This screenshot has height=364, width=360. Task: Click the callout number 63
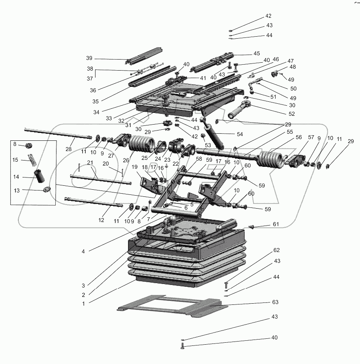[275, 302]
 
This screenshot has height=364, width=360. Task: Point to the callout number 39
[89, 58]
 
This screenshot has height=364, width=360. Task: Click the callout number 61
[275, 224]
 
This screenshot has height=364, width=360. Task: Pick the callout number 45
[257, 54]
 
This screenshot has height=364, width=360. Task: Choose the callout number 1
[83, 304]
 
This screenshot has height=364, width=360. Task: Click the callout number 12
[101, 220]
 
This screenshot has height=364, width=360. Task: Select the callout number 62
[276, 250]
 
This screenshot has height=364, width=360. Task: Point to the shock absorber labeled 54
[213, 138]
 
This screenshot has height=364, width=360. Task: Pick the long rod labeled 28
[59, 133]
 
